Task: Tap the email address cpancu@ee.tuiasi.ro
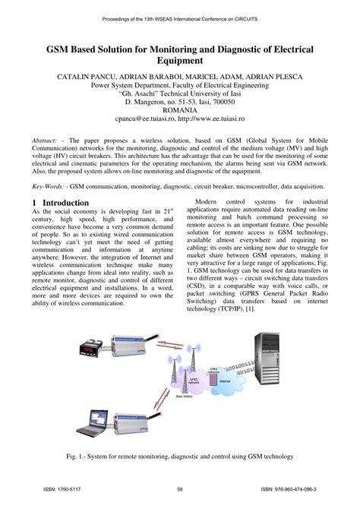pos(144,119)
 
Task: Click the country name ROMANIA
pos(179,109)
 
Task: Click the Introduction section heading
pos(60,203)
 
